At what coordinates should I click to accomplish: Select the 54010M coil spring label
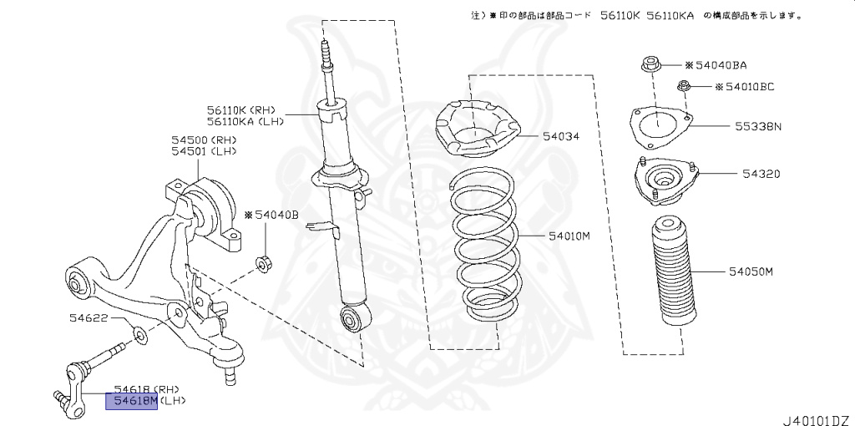tap(569, 236)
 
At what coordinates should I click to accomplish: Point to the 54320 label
tap(761, 175)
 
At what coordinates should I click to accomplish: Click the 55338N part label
tap(758, 127)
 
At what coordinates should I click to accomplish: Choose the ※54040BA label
tap(716, 64)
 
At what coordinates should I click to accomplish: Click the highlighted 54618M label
tap(131, 402)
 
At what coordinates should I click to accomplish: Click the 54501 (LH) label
tap(205, 151)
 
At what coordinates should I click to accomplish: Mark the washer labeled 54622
tap(139, 336)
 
